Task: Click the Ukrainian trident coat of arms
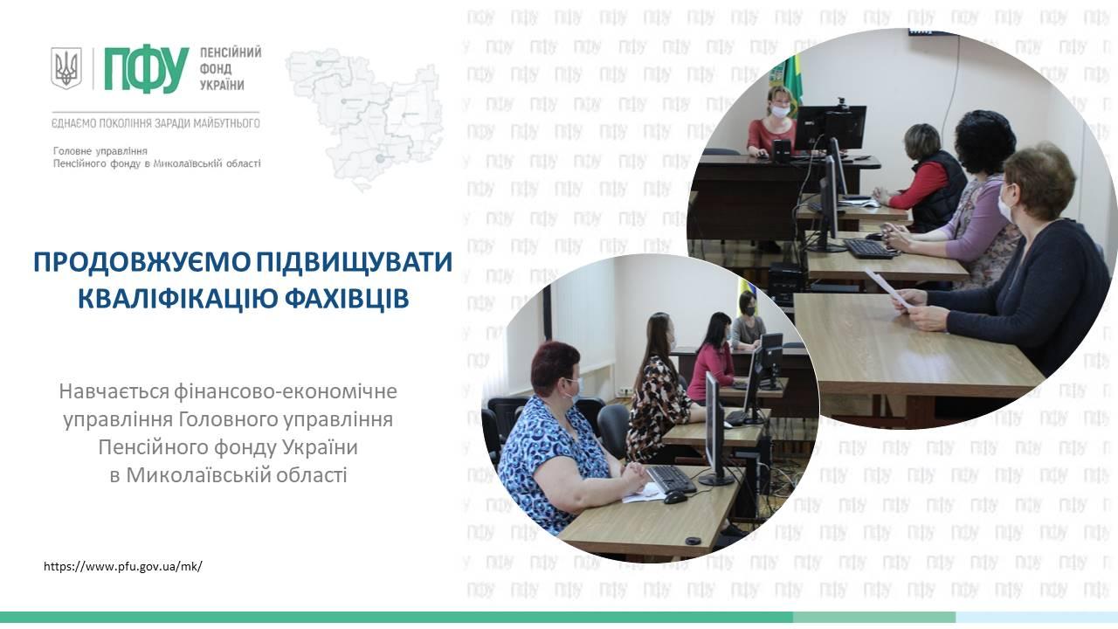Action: (66, 68)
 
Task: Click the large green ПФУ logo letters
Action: (147, 71)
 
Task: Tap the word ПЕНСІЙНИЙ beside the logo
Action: (231, 53)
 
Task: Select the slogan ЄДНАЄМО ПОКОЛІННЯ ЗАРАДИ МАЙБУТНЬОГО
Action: (155, 123)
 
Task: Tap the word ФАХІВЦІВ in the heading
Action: (347, 299)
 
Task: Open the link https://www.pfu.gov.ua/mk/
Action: (123, 567)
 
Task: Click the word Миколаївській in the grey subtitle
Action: (197, 475)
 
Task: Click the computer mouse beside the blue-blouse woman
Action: (675, 497)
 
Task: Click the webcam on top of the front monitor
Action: (844, 102)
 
